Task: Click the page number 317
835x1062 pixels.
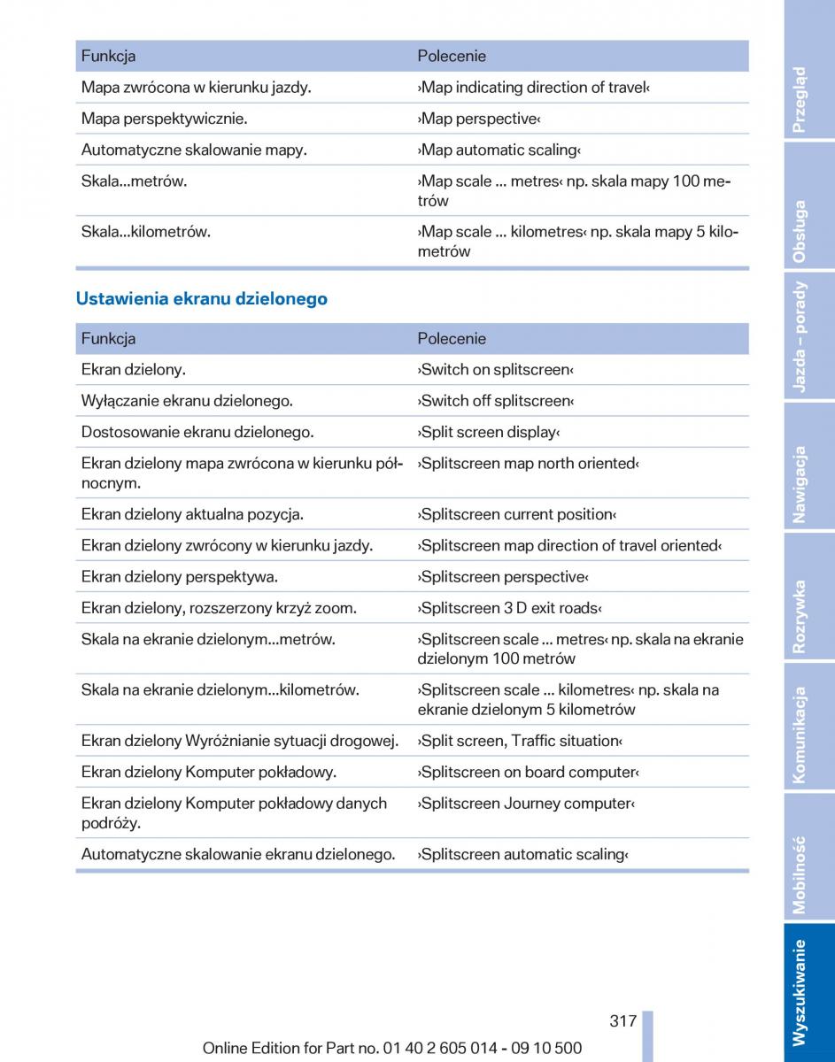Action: [622, 1020]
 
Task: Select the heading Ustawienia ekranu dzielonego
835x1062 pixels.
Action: [202, 299]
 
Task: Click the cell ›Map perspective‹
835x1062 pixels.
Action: [479, 119]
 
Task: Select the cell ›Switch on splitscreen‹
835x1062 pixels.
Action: [496, 369]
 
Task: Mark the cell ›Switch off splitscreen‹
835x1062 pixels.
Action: [496, 401]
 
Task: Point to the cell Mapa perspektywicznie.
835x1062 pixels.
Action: [165, 119]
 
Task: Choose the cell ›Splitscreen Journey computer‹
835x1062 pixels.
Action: [526, 804]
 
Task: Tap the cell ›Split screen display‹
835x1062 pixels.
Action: [489, 432]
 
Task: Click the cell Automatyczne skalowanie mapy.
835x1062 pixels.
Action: [194, 150]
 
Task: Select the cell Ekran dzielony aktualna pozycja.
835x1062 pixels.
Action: [192, 514]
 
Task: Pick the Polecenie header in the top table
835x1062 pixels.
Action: [452, 56]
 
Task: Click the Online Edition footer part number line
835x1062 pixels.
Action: [392, 1048]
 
